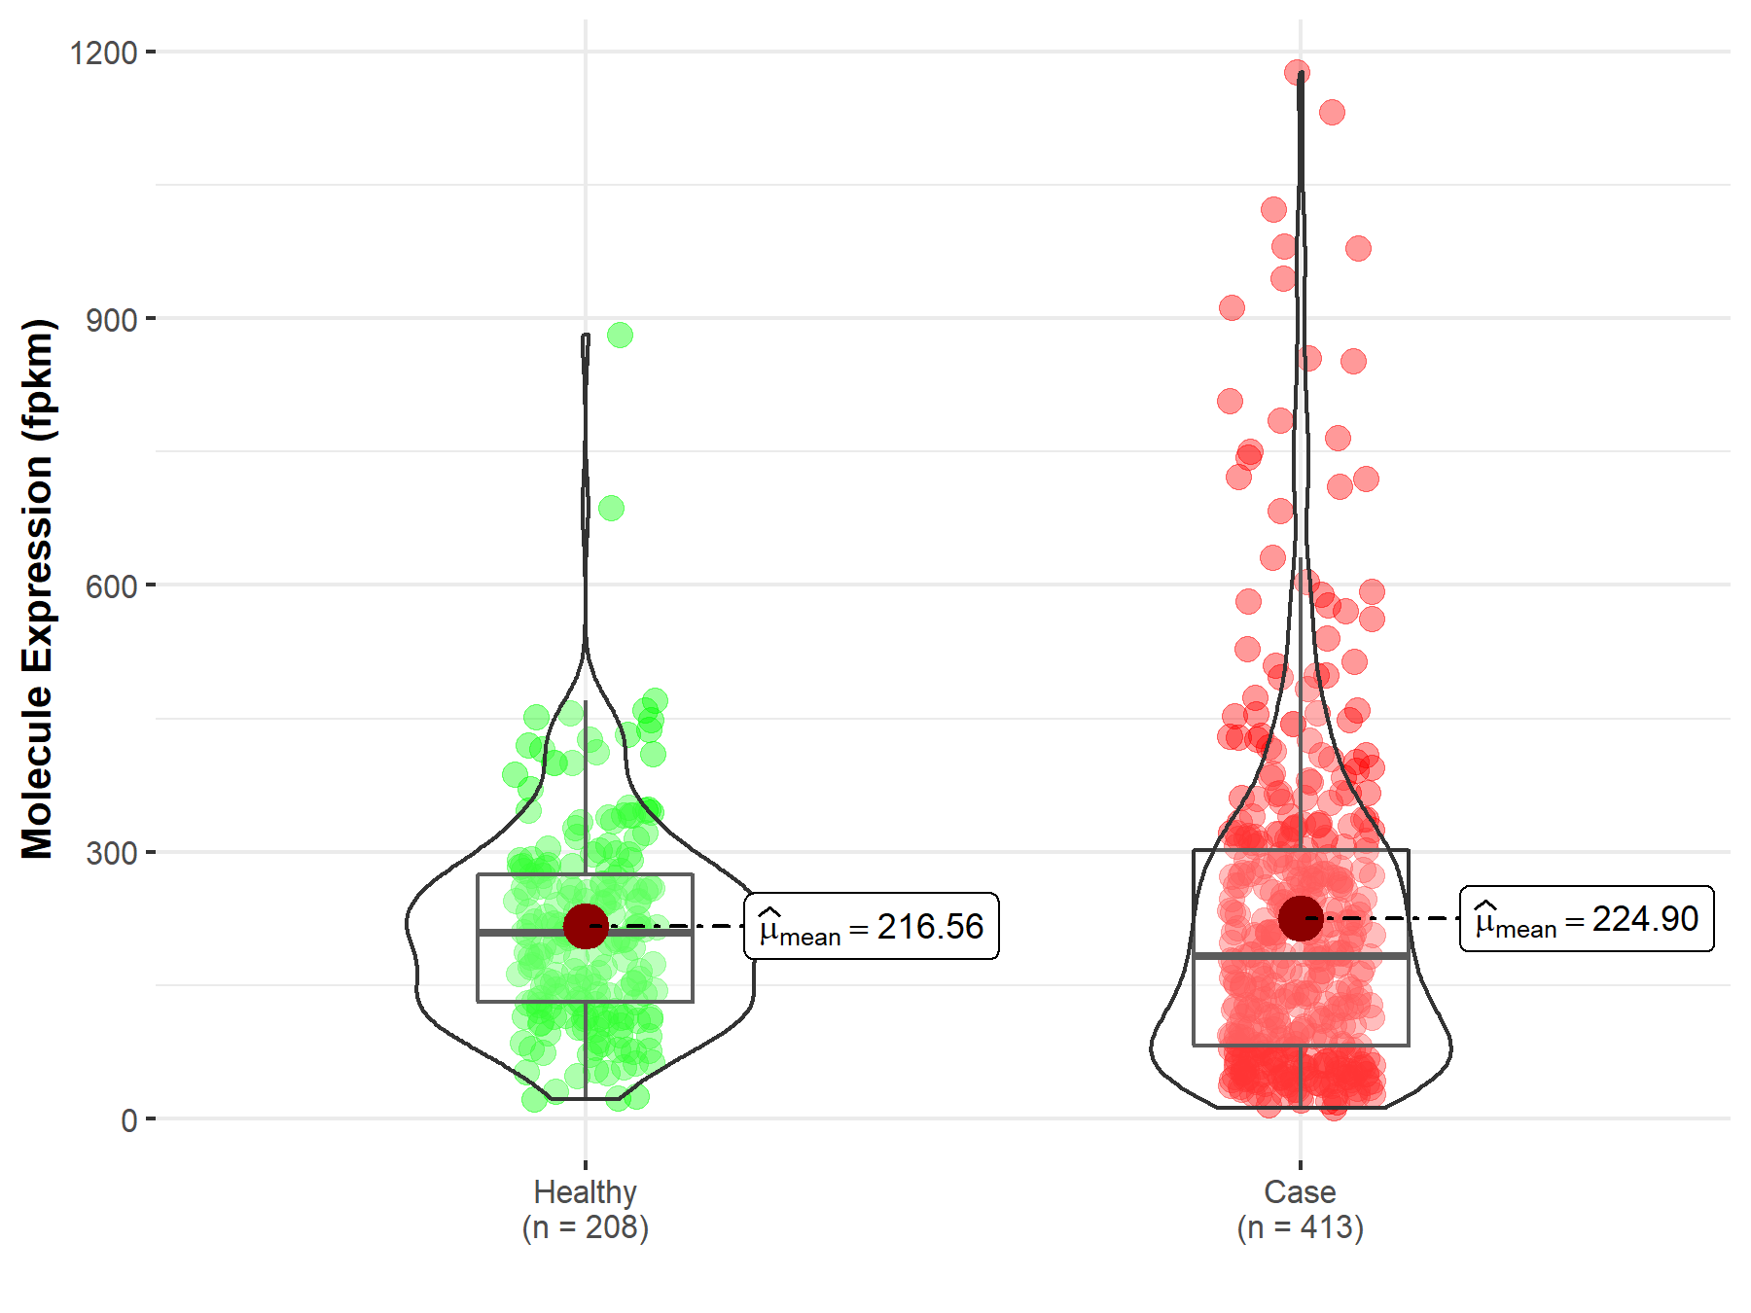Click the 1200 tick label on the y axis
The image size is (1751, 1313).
pyautogui.click(x=103, y=53)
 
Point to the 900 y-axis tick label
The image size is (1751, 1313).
pyautogui.click(x=112, y=320)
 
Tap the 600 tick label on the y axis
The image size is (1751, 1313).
pyautogui.click(x=112, y=586)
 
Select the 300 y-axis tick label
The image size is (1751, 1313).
pyautogui.click(x=112, y=853)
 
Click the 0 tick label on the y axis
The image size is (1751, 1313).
pyautogui.click(x=129, y=1120)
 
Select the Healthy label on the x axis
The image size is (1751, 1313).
pyautogui.click(x=585, y=1191)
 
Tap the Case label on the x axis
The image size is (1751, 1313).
pyautogui.click(x=1300, y=1191)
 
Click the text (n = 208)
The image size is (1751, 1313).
pyautogui.click(x=585, y=1227)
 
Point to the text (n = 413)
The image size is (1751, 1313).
pyautogui.click(x=1300, y=1227)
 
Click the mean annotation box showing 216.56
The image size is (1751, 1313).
pyautogui.click(x=872, y=927)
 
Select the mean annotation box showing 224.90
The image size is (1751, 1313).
pyautogui.click(x=1587, y=919)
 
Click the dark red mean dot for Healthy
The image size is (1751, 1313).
pyautogui.click(x=586, y=926)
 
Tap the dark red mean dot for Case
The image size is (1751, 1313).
pyautogui.click(x=1301, y=918)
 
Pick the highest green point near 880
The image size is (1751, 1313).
pyautogui.click(x=620, y=336)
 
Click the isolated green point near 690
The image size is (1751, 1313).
pyautogui.click(x=611, y=508)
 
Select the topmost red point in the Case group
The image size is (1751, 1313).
pyautogui.click(x=1297, y=72)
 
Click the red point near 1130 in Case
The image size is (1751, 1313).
pyautogui.click(x=1332, y=113)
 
